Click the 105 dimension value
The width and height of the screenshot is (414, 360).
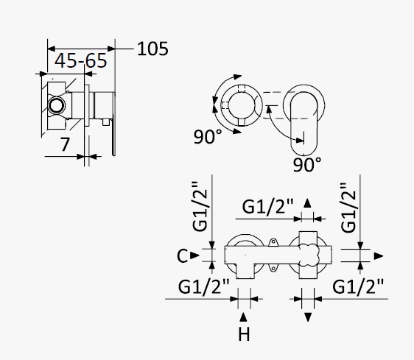coord(152,49)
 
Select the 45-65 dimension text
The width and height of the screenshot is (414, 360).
coord(81,60)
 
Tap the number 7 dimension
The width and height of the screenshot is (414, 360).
coord(65,144)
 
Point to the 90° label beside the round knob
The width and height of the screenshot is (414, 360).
coord(208,136)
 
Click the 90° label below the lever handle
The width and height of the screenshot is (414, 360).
coord(307,164)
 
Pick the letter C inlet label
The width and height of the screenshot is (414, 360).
coord(183,255)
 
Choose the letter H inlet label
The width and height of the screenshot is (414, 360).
coord(244,334)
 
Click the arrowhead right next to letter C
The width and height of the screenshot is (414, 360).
coord(195,255)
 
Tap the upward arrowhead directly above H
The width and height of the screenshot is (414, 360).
coord(243,317)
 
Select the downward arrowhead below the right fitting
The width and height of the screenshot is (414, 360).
coord(308,317)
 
